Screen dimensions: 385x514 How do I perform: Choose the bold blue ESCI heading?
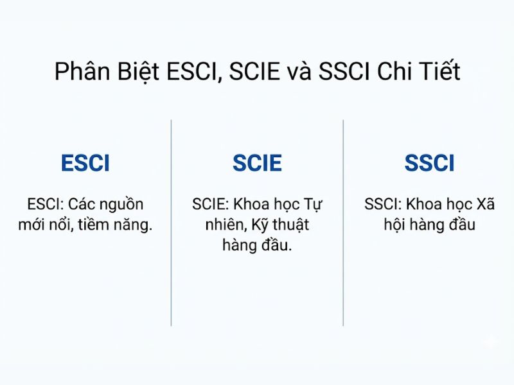click(85, 164)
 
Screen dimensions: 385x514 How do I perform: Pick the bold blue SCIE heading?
click(257, 164)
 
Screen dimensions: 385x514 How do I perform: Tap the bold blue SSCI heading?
click(429, 164)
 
